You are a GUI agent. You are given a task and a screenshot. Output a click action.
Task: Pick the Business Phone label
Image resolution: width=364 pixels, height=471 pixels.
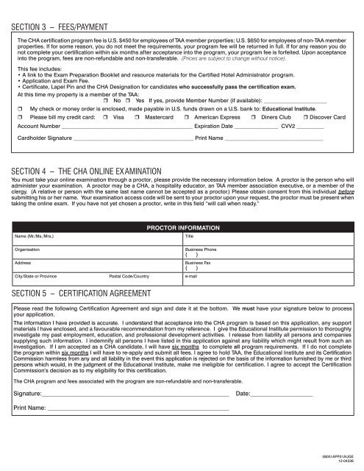(201, 250)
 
